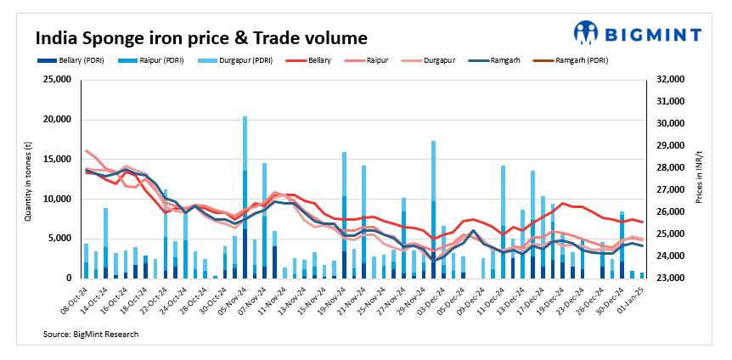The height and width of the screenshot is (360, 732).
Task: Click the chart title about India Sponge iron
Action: coord(200,38)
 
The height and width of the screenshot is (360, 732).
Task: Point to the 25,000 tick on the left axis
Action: coord(56,80)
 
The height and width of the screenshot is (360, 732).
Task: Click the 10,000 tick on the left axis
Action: coord(56,199)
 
